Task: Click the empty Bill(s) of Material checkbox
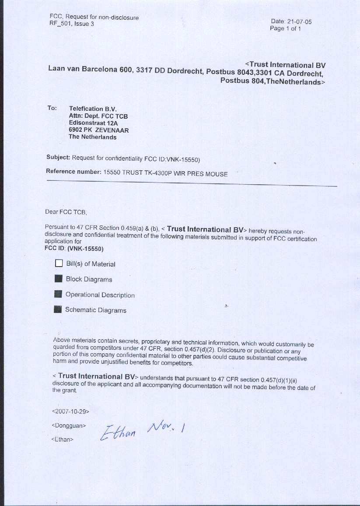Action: [x=59, y=264]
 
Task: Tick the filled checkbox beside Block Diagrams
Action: [x=59, y=279]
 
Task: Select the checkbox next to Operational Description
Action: [x=58, y=294]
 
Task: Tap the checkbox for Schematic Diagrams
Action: [x=58, y=309]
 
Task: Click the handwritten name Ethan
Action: [x=119, y=432]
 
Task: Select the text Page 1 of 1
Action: [x=285, y=28]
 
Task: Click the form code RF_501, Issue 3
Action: [x=72, y=24]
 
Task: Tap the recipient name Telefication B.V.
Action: [x=93, y=109]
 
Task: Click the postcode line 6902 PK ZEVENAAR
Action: [x=98, y=130]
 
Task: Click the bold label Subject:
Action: [x=58, y=157]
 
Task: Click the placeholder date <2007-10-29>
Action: [x=70, y=411]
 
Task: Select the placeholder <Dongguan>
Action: [x=69, y=425]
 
